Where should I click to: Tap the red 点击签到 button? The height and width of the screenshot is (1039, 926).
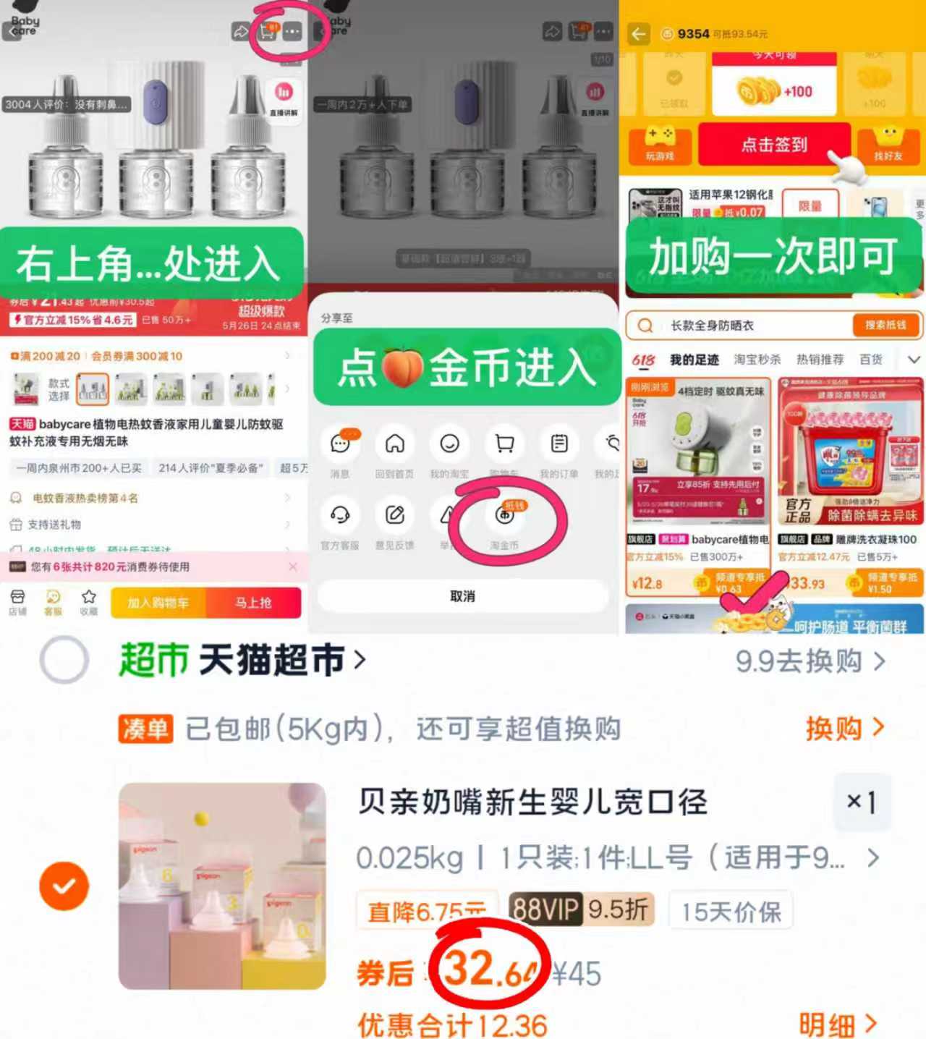[x=773, y=144]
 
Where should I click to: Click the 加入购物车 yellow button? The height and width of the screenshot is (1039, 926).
[x=158, y=603]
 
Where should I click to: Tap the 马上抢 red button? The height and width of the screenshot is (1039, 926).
[x=253, y=603]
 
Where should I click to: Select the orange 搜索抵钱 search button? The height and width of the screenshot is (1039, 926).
[x=885, y=325]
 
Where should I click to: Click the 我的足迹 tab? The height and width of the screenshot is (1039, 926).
[x=694, y=360]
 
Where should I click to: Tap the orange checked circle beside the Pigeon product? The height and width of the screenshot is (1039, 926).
[x=64, y=886]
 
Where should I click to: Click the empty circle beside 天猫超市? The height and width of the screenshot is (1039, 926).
[x=64, y=660]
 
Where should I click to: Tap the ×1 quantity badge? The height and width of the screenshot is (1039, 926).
[x=862, y=801]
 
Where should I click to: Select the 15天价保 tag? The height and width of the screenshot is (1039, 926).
[x=731, y=911]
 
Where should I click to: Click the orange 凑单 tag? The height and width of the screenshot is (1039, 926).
[x=145, y=729]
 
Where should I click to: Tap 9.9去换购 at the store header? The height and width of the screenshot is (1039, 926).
[x=810, y=661]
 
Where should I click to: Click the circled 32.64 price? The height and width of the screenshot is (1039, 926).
[x=490, y=969]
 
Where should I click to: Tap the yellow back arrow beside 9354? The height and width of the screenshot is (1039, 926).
[x=638, y=34]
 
